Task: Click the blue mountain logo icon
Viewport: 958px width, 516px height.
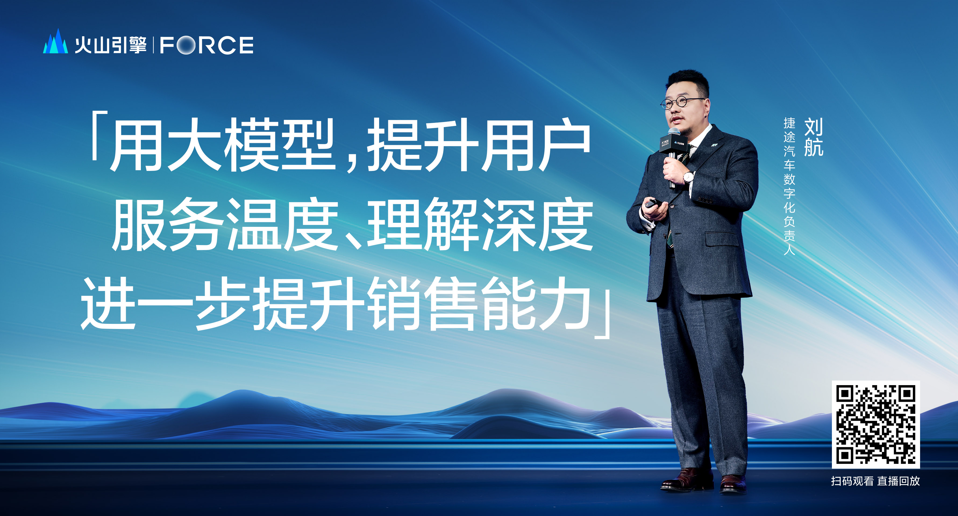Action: pyautogui.click(x=55, y=42)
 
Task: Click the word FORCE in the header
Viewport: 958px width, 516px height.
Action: pyautogui.click(x=207, y=45)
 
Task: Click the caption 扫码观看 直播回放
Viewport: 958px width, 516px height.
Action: pyautogui.click(x=875, y=481)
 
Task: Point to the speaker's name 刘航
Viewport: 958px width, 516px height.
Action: pyautogui.click(x=813, y=137)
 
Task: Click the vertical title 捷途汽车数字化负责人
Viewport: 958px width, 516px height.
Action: pyautogui.click(x=789, y=186)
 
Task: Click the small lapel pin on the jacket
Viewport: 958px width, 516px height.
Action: pyautogui.click(x=714, y=145)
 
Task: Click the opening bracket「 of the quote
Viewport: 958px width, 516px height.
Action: pyautogui.click(x=99, y=136)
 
